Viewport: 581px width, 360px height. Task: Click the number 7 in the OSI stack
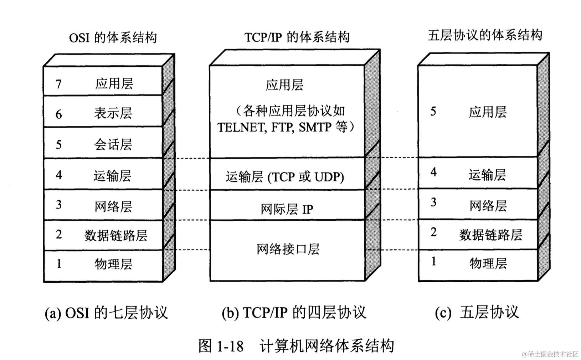tap(58, 84)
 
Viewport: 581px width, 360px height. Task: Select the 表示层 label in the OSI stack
tap(113, 113)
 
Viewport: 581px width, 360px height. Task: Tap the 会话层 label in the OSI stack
tap(113, 144)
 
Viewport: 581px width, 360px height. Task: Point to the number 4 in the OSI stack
tap(59, 175)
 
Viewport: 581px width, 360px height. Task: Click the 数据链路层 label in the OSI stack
tap(116, 236)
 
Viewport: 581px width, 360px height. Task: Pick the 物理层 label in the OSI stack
tap(113, 264)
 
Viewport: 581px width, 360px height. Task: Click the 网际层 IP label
tap(287, 209)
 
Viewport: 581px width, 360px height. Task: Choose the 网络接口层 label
tap(288, 249)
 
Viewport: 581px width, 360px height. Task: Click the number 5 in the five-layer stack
tap(433, 112)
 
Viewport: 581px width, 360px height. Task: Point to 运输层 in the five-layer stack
tap(487, 175)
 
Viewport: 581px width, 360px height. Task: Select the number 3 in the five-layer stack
tap(433, 202)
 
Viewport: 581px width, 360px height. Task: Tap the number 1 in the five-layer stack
tap(433, 261)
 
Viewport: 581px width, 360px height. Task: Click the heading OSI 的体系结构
tap(113, 37)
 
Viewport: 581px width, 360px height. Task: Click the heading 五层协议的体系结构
tap(485, 35)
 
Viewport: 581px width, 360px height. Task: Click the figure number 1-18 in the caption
tap(230, 346)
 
